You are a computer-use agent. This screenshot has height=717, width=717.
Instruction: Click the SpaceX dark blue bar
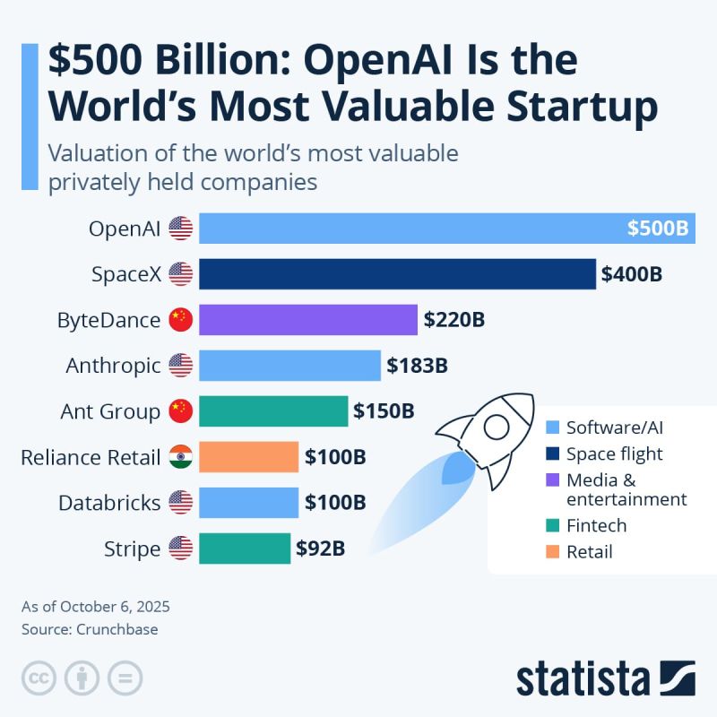[397, 274]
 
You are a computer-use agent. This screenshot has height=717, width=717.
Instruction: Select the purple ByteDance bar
[308, 320]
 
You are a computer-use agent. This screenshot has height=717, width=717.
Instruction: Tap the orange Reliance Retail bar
[248, 457]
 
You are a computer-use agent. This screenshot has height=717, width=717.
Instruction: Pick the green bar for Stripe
[245, 549]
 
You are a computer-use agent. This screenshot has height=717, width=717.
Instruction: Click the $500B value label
[657, 229]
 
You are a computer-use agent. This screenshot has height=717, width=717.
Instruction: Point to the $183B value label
[417, 366]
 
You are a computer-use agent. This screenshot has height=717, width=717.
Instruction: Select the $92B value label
[321, 549]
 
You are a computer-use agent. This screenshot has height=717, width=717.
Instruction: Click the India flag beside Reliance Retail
[180, 457]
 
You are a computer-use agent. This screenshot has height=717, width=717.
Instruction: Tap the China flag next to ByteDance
[180, 320]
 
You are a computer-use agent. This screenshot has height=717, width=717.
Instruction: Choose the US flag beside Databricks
[180, 503]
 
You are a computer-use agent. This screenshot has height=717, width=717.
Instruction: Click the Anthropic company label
[114, 366]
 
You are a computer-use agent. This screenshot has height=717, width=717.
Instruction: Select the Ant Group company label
[110, 411]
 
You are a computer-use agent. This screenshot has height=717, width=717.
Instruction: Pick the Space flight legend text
[615, 454]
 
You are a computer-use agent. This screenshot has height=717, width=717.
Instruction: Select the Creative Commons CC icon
[39, 677]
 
